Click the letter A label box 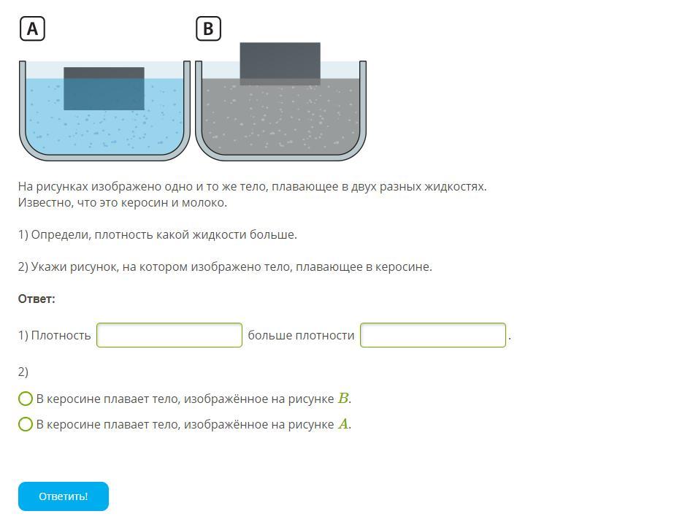32,28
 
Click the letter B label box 208,28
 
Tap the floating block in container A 104,88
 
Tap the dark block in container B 280,64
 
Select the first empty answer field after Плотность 169,335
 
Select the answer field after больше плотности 433,335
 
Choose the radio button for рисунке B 26,399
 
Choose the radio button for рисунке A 26,424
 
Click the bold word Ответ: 37,299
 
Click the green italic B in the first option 344,398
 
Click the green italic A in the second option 344,424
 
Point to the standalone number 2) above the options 23,372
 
